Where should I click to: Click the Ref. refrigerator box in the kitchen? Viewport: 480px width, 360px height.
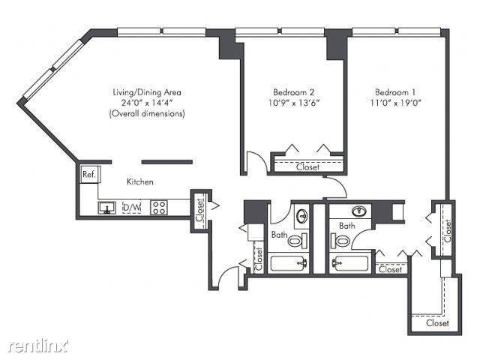88,174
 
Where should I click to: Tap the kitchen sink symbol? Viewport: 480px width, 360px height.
107,208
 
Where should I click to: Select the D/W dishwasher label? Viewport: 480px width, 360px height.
130,208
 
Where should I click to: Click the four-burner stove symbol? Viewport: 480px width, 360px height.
159,208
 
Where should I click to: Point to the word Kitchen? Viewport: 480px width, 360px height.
139,181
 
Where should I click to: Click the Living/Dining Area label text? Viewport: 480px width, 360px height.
146,92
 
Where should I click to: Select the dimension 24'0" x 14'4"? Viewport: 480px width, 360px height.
146,103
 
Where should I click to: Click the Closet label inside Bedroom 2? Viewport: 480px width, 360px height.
307,167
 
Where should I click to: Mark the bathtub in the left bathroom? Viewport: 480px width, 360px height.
288,264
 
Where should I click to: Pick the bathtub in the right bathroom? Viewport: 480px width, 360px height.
350,264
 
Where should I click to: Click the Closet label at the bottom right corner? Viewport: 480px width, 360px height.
437,323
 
